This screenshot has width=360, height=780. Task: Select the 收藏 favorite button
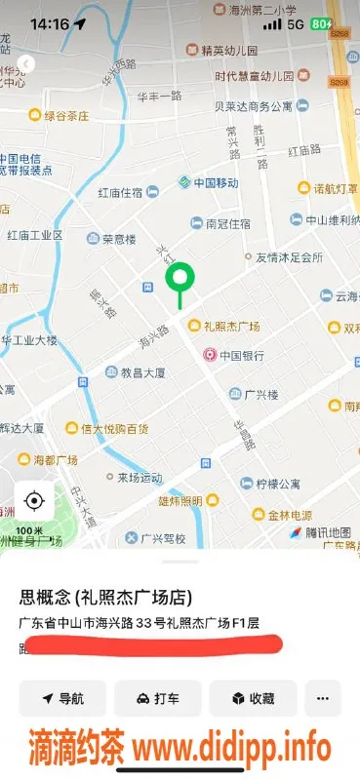[x=253, y=698]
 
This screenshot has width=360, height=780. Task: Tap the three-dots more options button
[x=323, y=698]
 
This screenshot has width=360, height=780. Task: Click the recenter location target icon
[x=34, y=501]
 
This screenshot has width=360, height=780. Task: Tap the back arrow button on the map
[x=26, y=63]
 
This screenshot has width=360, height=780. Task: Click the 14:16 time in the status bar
[x=50, y=23]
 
